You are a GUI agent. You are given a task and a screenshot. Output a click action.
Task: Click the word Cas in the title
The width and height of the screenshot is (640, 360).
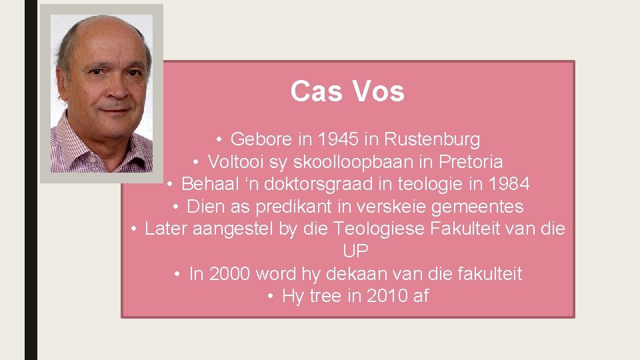[311, 92]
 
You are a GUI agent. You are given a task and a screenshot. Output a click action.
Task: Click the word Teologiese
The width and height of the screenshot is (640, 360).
[379, 229]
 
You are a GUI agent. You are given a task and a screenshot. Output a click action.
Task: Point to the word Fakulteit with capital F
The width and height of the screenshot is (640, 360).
[471, 229]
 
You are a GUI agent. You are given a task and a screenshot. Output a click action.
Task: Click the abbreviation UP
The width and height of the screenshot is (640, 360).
[355, 251]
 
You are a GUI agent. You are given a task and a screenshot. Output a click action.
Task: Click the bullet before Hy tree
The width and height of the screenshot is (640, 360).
[271, 296]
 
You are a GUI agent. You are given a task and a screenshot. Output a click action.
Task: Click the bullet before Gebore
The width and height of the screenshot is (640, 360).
[219, 139]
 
